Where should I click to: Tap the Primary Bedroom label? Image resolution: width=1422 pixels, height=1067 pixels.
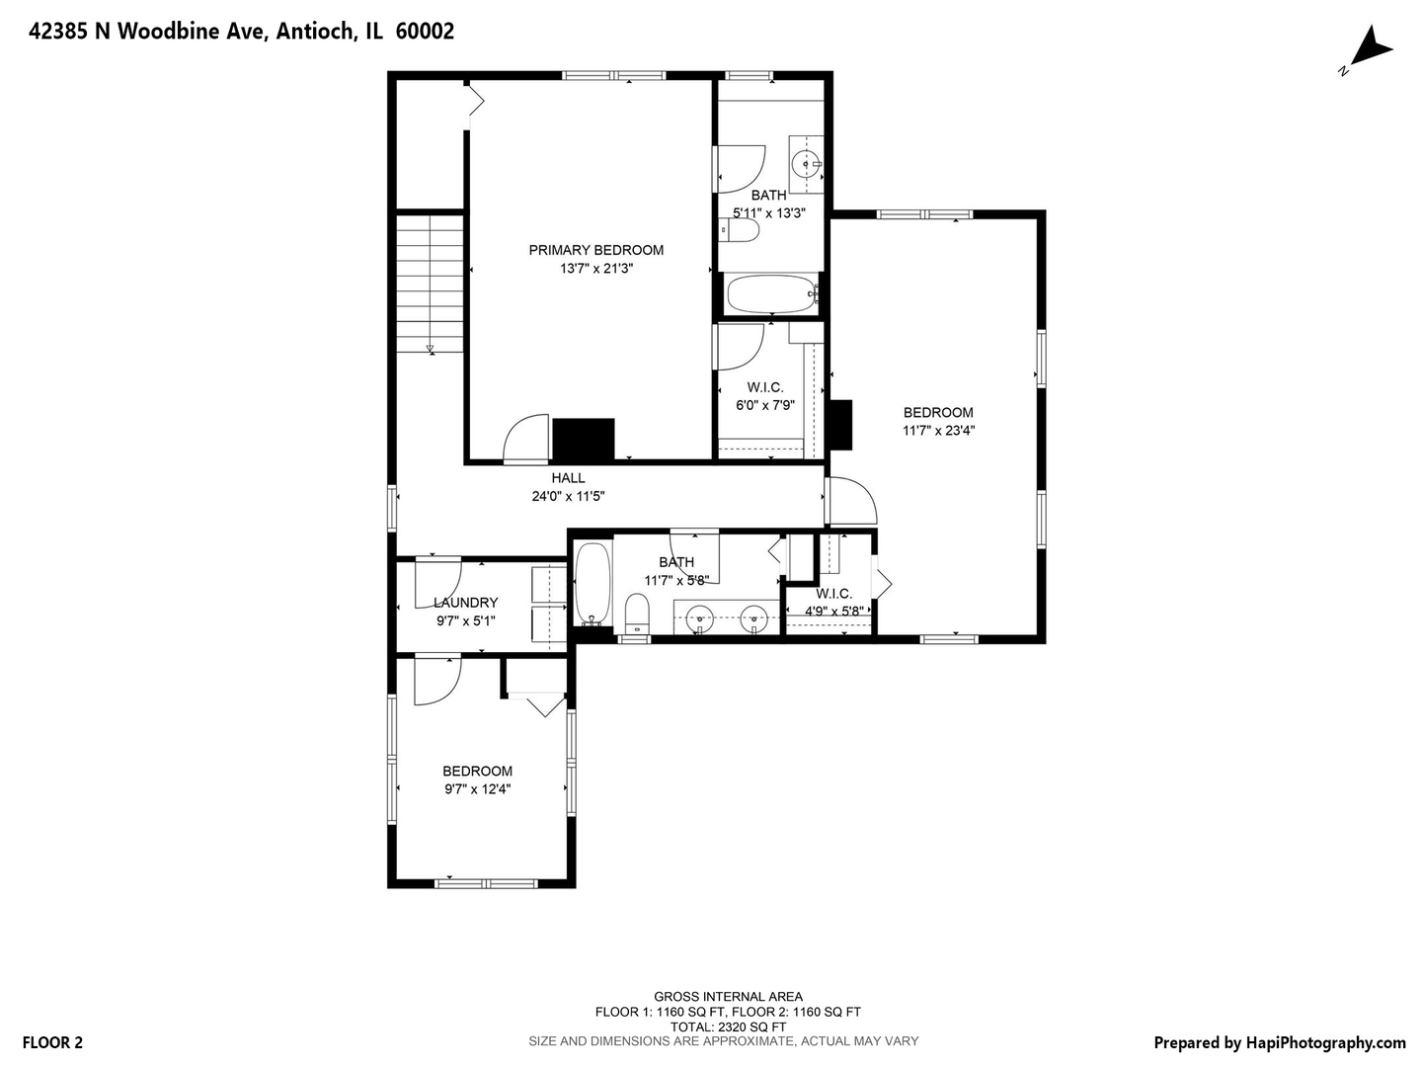(x=596, y=250)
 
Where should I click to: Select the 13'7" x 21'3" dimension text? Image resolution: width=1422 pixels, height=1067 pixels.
(x=596, y=268)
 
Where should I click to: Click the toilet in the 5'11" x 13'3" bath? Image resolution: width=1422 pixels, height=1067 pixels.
(x=740, y=230)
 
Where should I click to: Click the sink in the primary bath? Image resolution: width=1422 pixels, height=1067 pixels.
(x=807, y=164)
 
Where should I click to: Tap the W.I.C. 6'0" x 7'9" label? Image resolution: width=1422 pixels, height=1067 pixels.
(x=765, y=396)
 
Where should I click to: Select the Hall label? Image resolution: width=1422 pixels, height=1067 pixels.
(x=568, y=478)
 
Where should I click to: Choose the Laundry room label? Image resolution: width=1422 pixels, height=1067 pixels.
(x=466, y=603)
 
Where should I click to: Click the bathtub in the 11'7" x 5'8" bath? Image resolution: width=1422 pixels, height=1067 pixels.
(x=592, y=584)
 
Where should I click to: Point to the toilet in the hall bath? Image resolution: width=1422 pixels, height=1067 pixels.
(x=637, y=614)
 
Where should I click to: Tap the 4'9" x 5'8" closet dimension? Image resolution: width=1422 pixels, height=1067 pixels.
(x=834, y=611)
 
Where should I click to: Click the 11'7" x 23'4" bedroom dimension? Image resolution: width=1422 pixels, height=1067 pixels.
(x=939, y=430)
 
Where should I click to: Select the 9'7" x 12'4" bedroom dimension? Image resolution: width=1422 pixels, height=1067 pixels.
(x=477, y=789)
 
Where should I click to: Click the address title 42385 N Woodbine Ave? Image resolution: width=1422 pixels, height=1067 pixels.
(x=148, y=31)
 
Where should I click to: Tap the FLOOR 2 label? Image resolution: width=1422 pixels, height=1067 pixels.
(x=52, y=1042)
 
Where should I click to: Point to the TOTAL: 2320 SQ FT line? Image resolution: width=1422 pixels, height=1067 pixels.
(x=728, y=1026)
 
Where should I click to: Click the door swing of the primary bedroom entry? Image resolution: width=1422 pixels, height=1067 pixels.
(x=526, y=439)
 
